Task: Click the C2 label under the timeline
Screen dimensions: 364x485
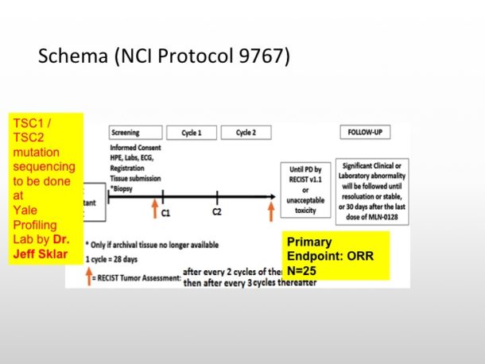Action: (x=217, y=212)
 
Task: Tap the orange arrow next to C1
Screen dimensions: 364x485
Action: (x=155, y=208)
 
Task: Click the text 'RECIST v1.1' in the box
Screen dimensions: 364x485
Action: (x=305, y=180)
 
